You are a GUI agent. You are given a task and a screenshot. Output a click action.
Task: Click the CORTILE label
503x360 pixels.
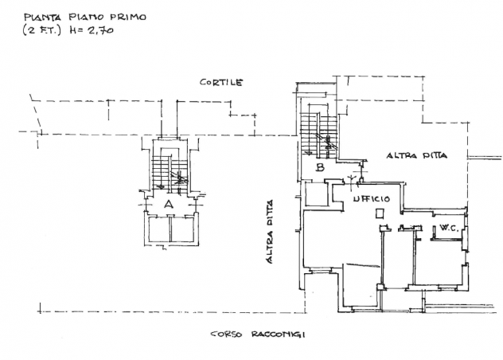(x=221, y=83)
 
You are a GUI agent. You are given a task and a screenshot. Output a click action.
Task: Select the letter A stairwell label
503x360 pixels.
(x=169, y=204)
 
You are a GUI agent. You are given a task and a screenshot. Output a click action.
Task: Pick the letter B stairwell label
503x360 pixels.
(x=320, y=167)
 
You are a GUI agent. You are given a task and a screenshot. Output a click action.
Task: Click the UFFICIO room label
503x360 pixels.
(x=372, y=199)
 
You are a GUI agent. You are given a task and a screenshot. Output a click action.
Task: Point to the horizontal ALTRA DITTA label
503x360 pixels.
(x=417, y=156)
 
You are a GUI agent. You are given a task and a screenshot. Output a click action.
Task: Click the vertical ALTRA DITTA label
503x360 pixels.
(x=270, y=232)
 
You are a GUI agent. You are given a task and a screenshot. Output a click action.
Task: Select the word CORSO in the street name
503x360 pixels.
(x=226, y=335)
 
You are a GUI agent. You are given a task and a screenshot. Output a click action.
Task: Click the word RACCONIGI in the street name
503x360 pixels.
(x=278, y=335)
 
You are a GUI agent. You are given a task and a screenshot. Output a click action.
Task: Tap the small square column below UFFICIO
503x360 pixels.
(x=380, y=214)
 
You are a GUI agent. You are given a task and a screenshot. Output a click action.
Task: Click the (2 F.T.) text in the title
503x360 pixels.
(x=41, y=30)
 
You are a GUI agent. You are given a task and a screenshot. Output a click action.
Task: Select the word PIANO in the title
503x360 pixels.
(x=87, y=17)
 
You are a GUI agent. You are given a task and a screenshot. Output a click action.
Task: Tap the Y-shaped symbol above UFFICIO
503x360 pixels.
(x=353, y=180)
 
